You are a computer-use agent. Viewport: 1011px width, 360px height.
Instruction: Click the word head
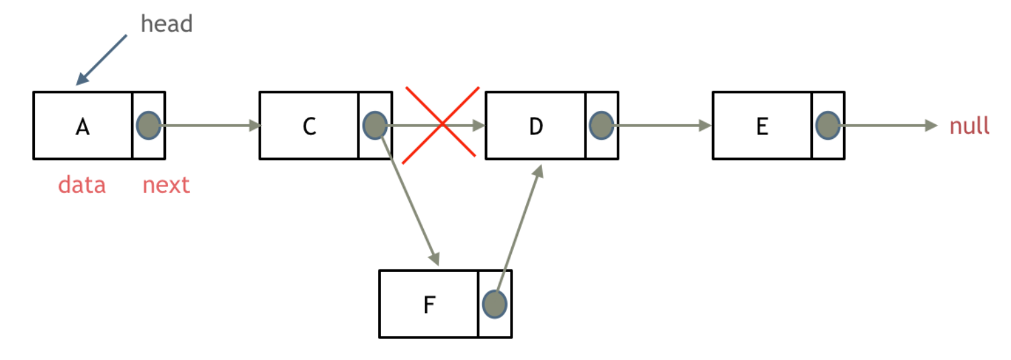(x=167, y=24)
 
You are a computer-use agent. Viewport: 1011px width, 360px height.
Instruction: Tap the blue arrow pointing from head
(x=102, y=60)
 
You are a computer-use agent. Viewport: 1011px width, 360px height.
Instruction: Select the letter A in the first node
(x=82, y=126)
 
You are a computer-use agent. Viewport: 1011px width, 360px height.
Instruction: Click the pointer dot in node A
(x=148, y=125)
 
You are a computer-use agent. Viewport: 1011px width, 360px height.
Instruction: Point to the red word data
(x=81, y=185)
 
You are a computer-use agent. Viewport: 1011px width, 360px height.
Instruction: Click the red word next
(x=166, y=185)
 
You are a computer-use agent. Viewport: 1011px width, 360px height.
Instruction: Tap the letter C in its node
(x=309, y=126)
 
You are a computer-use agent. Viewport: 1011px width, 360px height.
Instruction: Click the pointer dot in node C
(x=374, y=125)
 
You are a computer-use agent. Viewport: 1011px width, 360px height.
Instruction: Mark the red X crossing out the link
(x=441, y=125)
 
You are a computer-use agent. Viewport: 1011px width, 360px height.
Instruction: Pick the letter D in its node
(x=535, y=126)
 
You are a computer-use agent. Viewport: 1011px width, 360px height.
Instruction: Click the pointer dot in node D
(x=601, y=125)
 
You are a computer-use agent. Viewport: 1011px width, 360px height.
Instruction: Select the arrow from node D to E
(x=662, y=125)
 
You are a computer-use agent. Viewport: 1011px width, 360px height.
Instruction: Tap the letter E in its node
(x=762, y=126)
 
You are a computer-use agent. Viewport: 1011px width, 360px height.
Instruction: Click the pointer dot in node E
(x=828, y=125)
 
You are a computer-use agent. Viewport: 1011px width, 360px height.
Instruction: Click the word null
(x=969, y=126)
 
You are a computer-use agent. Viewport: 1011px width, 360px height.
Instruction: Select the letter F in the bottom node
(x=429, y=305)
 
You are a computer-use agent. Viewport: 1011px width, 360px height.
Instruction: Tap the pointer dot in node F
(x=494, y=304)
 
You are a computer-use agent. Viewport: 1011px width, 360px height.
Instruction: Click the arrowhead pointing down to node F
(x=435, y=257)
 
